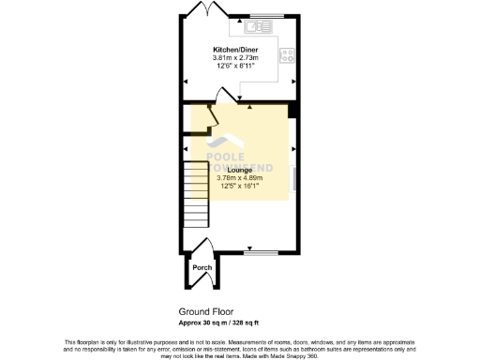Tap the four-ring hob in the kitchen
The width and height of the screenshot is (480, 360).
[x=287, y=52]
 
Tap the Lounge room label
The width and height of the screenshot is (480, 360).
[x=239, y=170]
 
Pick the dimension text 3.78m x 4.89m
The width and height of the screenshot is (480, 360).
[x=239, y=178]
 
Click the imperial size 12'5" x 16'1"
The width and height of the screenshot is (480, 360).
[x=239, y=187]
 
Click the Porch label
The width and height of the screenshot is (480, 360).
[x=202, y=268]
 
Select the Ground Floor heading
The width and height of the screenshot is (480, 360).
[x=205, y=311]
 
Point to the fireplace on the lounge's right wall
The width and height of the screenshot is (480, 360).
[x=294, y=178]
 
